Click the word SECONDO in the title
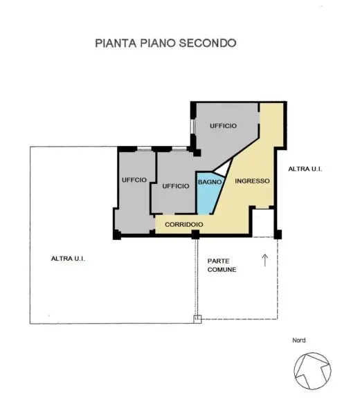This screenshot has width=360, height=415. click(208, 43)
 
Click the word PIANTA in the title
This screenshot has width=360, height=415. click(116, 43)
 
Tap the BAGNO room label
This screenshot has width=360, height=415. click(210, 182)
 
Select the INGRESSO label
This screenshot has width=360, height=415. click(252, 181)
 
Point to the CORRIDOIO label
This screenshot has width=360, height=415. click(184, 224)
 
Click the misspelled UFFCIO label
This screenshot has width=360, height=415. click(134, 180)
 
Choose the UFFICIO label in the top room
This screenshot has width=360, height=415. click(223, 126)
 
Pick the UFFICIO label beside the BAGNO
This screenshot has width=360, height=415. click(176, 186)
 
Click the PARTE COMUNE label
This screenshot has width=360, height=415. click(222, 265)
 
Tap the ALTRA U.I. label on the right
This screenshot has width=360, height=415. click(305, 169)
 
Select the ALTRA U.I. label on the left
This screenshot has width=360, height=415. click(68, 259)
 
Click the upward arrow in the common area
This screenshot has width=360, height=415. click(264, 261)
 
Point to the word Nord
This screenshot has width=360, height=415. click(299, 340)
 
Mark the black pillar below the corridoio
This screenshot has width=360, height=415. click(195, 234)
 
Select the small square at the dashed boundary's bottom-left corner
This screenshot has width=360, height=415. click(197, 319)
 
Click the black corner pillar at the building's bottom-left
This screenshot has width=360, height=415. click(117, 234)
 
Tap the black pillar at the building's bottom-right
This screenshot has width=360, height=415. click(278, 234)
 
